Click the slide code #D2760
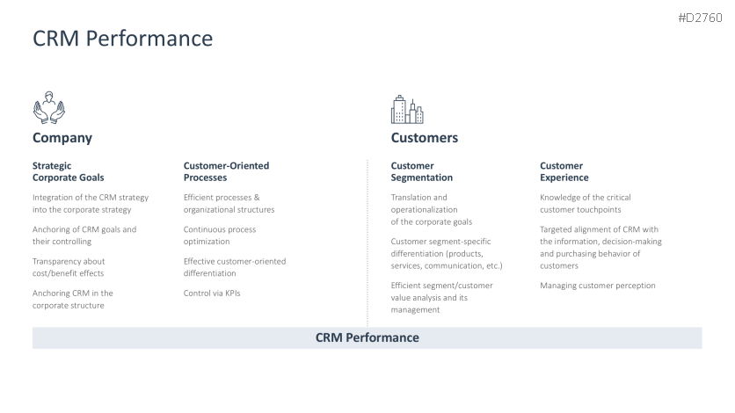coord(700,18)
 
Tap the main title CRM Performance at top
coord(123,39)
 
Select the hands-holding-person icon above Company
coord(48,108)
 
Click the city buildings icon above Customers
coord(407,110)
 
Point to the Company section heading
coord(62,138)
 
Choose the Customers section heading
coord(425,138)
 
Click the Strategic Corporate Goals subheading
coord(68,171)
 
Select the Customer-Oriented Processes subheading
coord(226,171)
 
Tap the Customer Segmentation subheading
coord(421,171)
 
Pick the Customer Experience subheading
coord(564,171)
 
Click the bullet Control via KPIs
coord(212,293)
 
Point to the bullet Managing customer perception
coord(598,286)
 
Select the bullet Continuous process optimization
coord(220,235)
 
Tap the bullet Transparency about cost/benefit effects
coord(69,267)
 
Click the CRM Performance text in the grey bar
coord(367,337)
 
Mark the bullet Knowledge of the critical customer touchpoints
coord(585,204)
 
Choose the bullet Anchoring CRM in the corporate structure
coord(73,300)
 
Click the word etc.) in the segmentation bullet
coord(493,266)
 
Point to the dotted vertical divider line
coord(367,243)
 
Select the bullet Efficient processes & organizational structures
coord(229,204)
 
